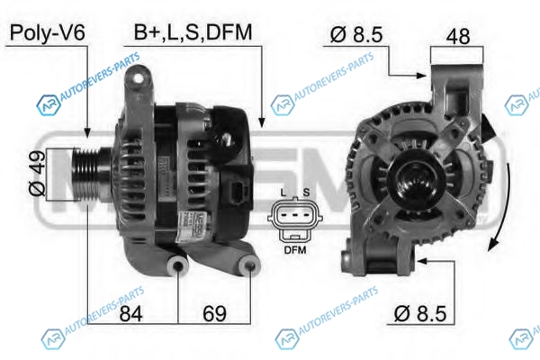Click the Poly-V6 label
47,33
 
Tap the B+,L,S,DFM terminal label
193,32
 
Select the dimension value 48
458,36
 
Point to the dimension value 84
130,313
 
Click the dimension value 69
214,313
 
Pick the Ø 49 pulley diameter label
37,174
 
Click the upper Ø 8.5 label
356,34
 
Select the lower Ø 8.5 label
420,313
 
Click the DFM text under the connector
295,250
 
